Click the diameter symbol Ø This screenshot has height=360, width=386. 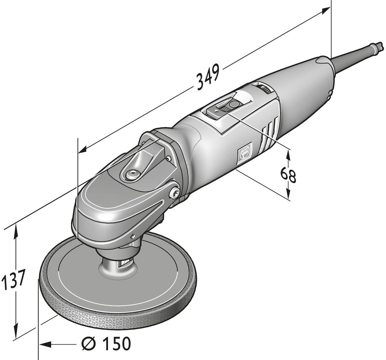pyautogui.click(x=89, y=343)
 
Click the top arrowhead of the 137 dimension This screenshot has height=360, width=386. pyautogui.click(x=16, y=230)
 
